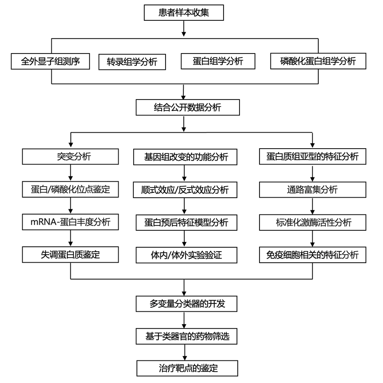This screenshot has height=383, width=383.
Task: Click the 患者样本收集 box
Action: [184, 13]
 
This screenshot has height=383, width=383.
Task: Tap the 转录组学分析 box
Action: [132, 61]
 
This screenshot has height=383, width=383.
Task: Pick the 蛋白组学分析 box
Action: [218, 61]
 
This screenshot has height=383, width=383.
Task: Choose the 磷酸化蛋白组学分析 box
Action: [318, 61]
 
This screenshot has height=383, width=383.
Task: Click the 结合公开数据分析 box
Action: [188, 107]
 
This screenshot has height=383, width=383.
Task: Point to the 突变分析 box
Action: [71, 156]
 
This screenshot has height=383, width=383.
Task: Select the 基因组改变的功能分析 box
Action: [184, 156]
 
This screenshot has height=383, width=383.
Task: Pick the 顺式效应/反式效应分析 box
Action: [184, 190]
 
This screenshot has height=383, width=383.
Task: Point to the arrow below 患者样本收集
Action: [184, 28]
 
